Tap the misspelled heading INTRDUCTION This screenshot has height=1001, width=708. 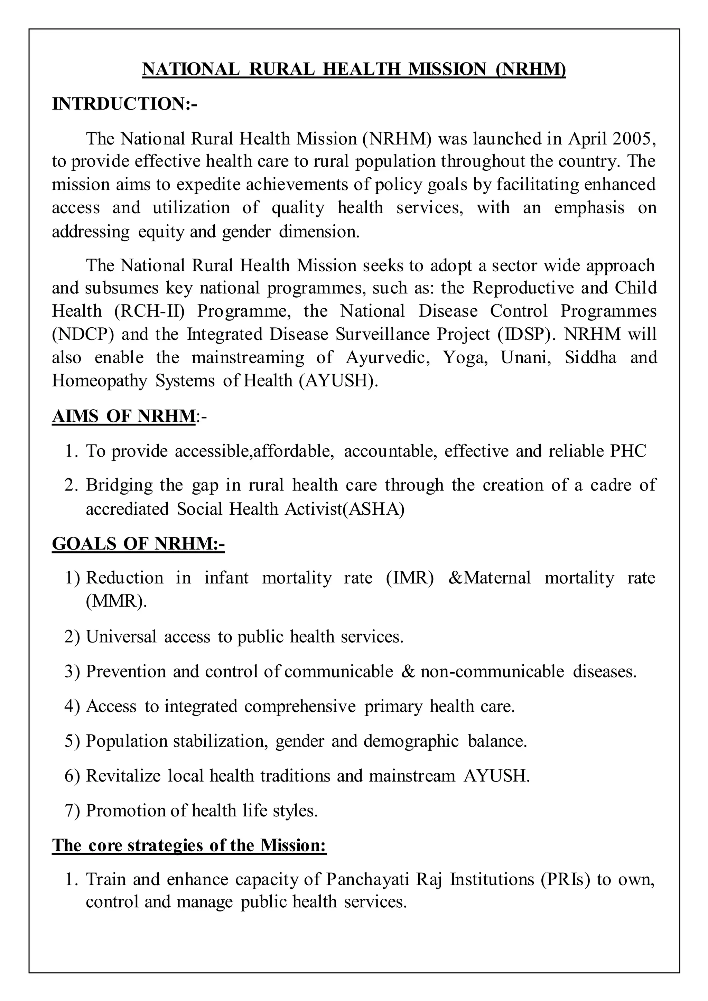tap(124, 104)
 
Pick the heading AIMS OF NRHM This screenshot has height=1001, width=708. tap(123, 417)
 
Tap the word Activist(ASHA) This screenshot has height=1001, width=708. tap(344, 509)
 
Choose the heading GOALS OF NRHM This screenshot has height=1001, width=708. tap(138, 544)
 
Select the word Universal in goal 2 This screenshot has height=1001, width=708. tap(121, 637)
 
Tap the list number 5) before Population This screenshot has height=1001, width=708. tap(72, 741)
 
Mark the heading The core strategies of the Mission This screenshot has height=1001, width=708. tap(189, 845)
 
